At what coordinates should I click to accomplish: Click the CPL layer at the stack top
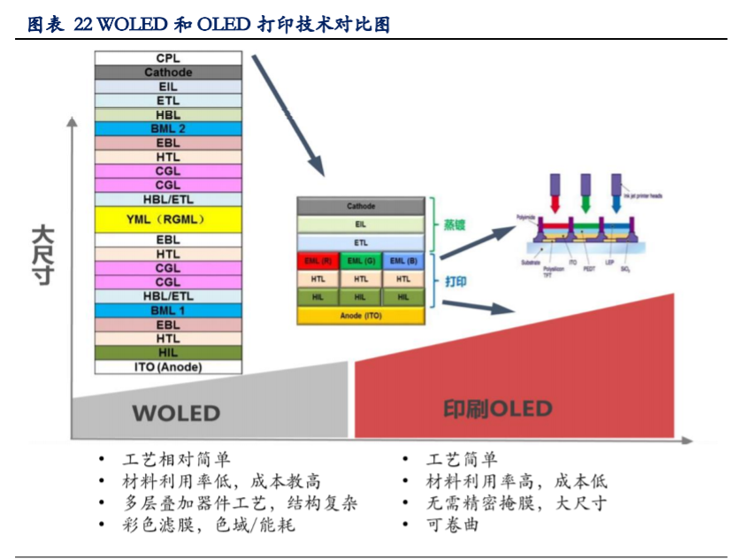[168, 58]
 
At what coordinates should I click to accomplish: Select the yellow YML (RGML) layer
[168, 219]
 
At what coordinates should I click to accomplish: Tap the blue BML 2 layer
[168, 128]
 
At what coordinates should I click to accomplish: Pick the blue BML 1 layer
[168, 310]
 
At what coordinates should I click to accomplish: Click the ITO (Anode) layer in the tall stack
[168, 367]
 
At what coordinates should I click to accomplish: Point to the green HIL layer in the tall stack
[168, 353]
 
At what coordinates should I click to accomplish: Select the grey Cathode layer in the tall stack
[168, 73]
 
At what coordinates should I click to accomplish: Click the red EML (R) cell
[318, 261]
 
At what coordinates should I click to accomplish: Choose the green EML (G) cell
[361, 261]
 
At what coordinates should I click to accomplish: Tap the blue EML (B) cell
[403, 261]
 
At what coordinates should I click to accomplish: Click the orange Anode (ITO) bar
[361, 315]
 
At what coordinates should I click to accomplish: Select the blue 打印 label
[455, 282]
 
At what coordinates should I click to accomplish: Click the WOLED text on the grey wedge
[176, 413]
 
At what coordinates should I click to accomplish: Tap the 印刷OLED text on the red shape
[497, 410]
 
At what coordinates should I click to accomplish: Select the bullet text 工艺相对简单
[177, 459]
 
